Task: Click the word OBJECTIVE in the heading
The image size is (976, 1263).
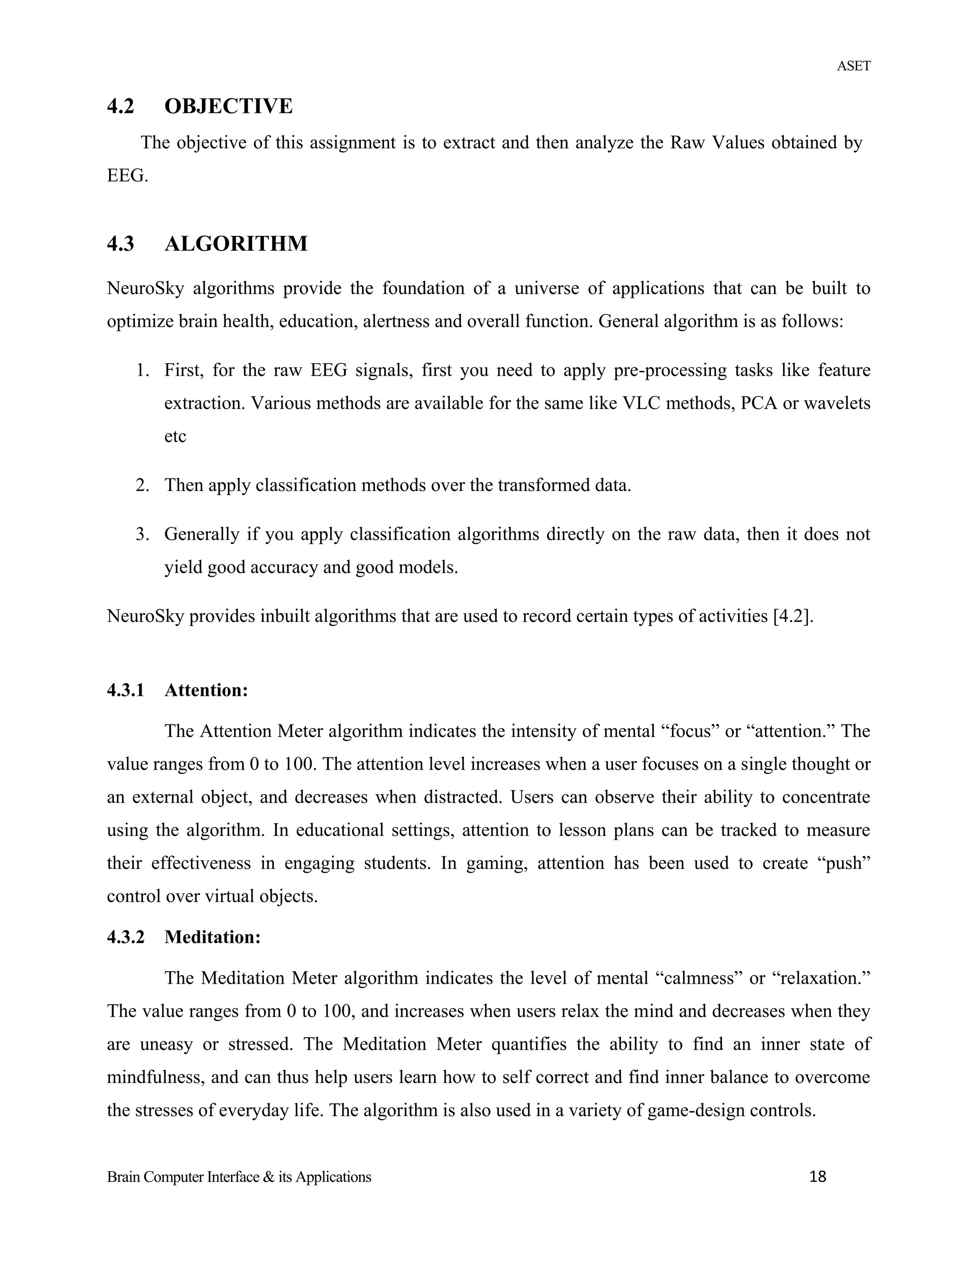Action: tap(228, 106)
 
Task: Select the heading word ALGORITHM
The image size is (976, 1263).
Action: tap(236, 244)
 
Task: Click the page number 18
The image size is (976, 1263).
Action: tap(818, 1177)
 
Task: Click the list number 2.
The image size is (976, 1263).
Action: tap(142, 485)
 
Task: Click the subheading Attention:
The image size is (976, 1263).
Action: tap(206, 691)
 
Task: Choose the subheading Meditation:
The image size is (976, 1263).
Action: tap(212, 937)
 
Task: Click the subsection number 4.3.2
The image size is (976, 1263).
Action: tap(125, 937)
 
